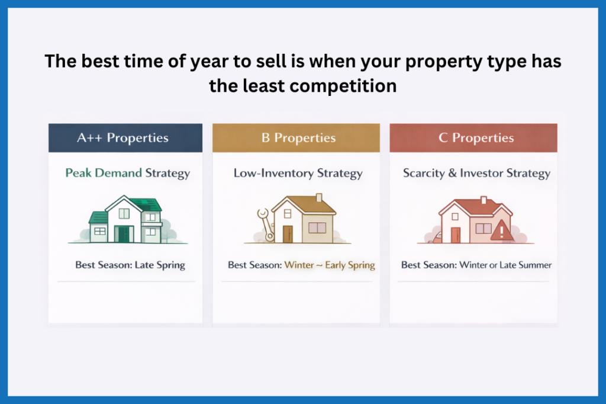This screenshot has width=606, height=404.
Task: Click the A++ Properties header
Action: pos(123,138)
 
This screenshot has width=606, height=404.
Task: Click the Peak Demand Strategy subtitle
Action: pos(127,173)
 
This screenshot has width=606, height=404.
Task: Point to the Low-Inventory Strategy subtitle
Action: pos(298,173)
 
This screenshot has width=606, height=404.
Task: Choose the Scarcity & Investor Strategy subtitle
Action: pos(476,173)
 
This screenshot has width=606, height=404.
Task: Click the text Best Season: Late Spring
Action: pos(130,265)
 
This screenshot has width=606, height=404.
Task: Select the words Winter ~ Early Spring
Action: pos(330,265)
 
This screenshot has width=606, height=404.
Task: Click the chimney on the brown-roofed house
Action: pos(319,198)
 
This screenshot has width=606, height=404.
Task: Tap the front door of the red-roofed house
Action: pos(455,235)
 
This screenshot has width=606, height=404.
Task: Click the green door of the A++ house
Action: pos(124,234)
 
